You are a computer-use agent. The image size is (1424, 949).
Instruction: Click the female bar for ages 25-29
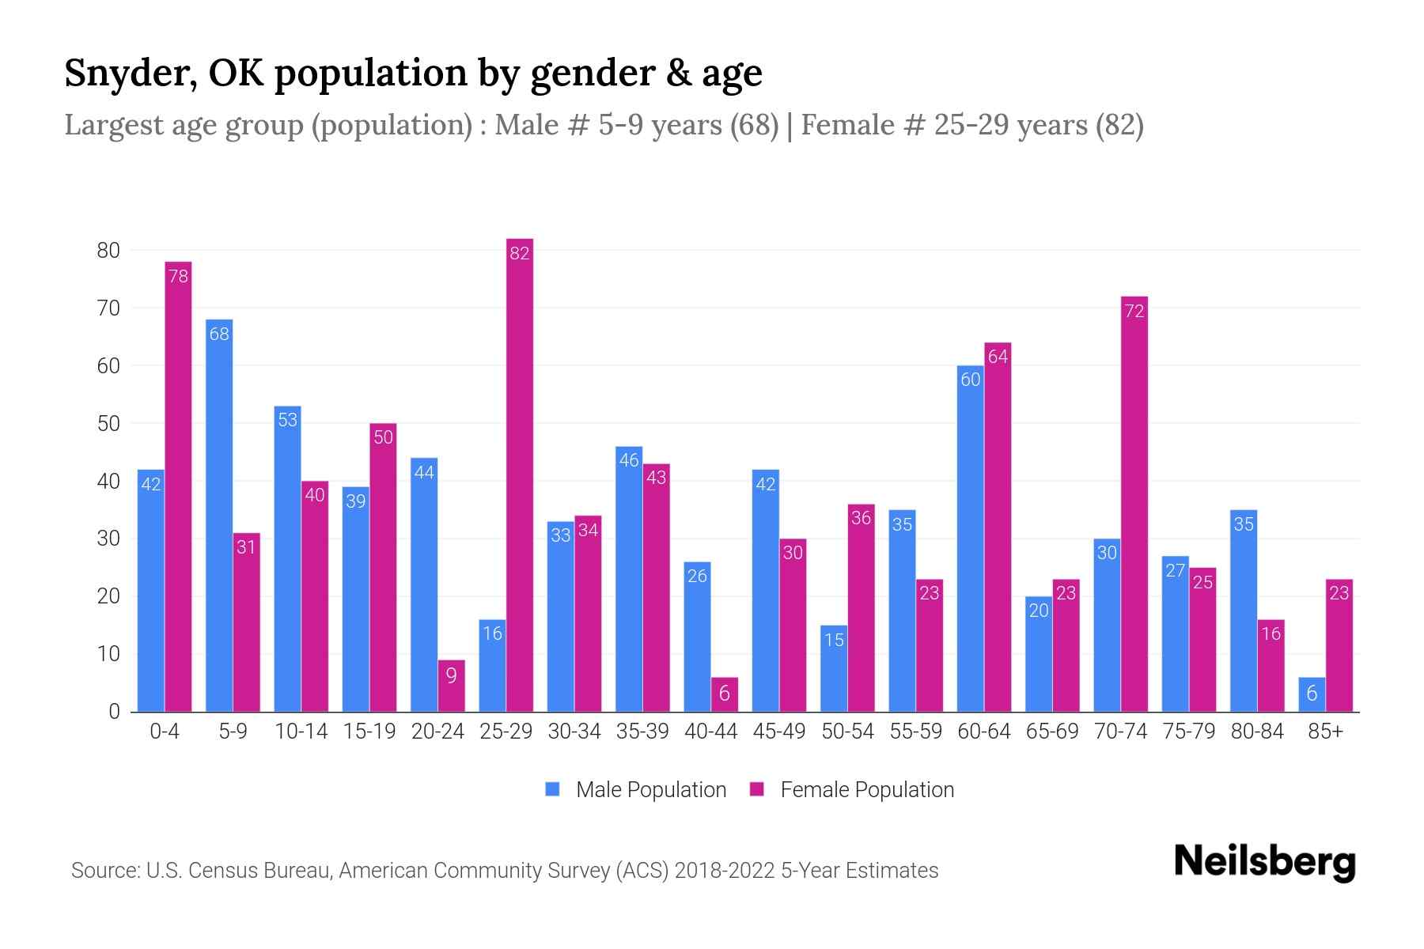click(520, 475)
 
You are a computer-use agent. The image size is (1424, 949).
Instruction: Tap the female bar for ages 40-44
click(725, 695)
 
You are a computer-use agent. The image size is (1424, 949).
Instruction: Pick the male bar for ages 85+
click(1312, 695)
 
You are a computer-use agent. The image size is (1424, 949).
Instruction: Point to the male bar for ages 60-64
click(971, 539)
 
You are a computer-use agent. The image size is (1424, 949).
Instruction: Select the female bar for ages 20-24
click(451, 686)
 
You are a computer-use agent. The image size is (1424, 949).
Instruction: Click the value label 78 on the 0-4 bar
click(179, 276)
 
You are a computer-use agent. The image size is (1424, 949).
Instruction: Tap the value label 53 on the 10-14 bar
click(287, 420)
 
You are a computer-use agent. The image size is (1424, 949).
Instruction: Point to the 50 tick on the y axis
click(108, 424)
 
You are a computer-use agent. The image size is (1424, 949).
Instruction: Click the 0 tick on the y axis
click(114, 712)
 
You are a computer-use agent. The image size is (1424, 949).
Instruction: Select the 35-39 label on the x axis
click(642, 732)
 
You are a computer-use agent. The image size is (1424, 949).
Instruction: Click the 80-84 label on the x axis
click(1257, 732)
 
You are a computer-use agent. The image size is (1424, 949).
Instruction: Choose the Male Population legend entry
click(636, 790)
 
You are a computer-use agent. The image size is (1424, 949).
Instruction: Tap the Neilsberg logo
click(1264, 862)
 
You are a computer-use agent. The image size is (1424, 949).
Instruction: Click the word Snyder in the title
click(129, 74)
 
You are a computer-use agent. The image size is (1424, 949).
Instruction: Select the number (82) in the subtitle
click(1119, 125)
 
